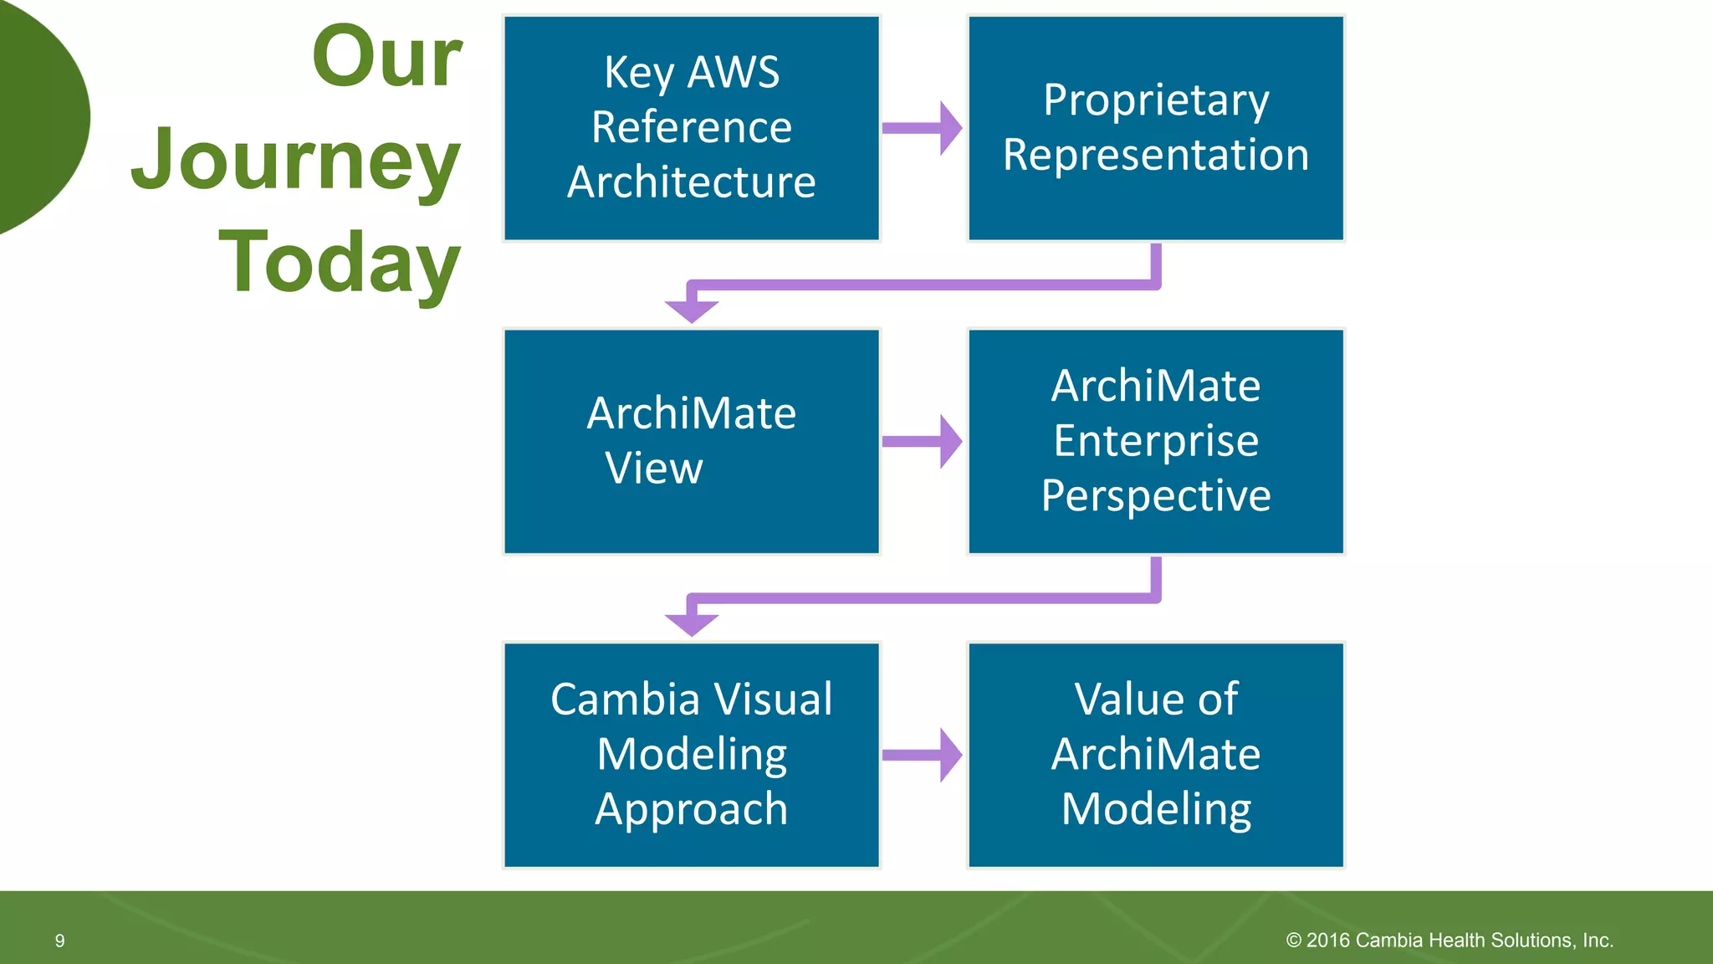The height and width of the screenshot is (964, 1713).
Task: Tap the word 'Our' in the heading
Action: click(x=386, y=57)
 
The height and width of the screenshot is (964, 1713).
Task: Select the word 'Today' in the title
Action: click(x=339, y=262)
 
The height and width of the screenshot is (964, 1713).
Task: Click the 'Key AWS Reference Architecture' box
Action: click(x=692, y=128)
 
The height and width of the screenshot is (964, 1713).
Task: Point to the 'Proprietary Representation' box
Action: click(x=1156, y=128)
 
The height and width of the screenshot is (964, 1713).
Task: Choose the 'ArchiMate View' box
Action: click(x=692, y=441)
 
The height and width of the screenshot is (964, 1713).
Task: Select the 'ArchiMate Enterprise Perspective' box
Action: click(x=1156, y=441)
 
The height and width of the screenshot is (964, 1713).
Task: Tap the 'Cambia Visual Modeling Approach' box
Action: click(x=692, y=755)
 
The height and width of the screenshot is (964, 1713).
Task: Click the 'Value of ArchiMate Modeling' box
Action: click(x=1156, y=755)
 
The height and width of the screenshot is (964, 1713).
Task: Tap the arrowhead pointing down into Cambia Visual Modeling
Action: click(x=692, y=624)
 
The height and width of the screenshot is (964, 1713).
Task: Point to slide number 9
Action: click(x=59, y=941)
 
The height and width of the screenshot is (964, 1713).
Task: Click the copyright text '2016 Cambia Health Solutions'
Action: click(x=1450, y=941)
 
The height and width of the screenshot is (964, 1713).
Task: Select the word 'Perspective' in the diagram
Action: click(x=1156, y=495)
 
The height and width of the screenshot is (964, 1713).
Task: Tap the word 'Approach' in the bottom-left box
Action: click(x=692, y=809)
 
